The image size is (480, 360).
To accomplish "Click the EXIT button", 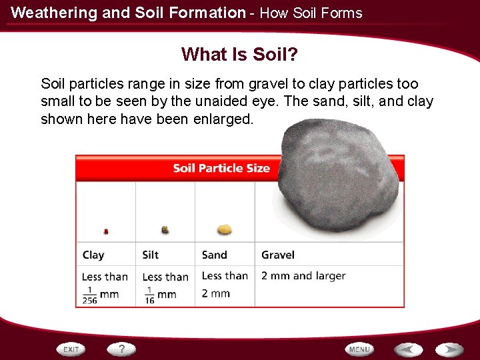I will (71, 349).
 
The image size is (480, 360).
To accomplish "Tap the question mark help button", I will (122, 349).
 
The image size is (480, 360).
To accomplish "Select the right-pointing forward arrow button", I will (449, 349).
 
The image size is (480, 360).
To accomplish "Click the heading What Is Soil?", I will (239, 53).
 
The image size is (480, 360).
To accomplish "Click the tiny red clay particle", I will (106, 231).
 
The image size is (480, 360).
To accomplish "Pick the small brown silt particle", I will (165, 229).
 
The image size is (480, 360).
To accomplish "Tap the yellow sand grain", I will (225, 229).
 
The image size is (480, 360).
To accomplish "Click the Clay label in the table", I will (93, 255).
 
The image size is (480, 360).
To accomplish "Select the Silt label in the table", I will (151, 255).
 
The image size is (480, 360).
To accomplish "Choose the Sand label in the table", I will (214, 255).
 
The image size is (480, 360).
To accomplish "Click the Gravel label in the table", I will (278, 255).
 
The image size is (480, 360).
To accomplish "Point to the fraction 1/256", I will (89, 295).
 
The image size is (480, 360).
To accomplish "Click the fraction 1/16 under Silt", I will (149, 295).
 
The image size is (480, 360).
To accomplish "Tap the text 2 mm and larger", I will (303, 275).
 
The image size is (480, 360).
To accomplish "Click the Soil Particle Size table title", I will (221, 168).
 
